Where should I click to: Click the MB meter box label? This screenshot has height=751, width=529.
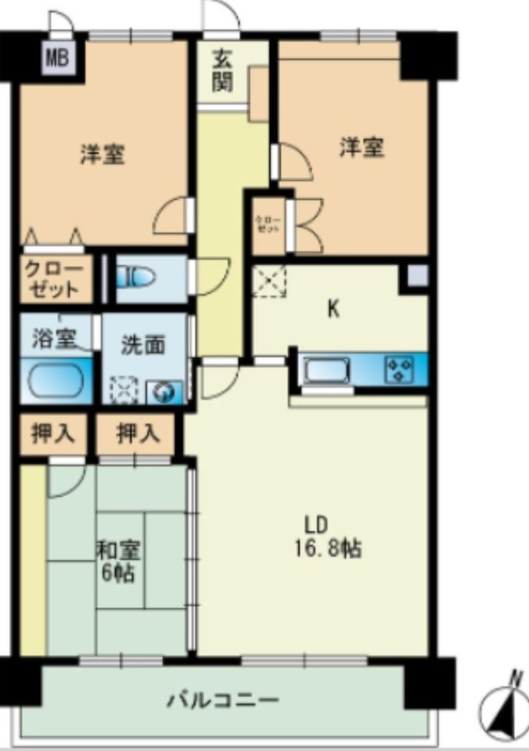(55, 57)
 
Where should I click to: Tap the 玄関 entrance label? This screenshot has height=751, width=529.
(221, 70)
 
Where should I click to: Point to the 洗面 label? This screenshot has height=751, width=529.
(142, 343)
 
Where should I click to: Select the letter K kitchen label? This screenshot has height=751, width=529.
(333, 309)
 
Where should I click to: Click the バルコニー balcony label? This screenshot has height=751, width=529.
(222, 698)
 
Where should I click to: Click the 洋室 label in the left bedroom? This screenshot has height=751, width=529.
(103, 154)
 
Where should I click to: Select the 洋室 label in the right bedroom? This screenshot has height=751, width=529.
(362, 147)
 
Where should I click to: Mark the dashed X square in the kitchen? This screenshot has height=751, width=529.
(270, 281)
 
